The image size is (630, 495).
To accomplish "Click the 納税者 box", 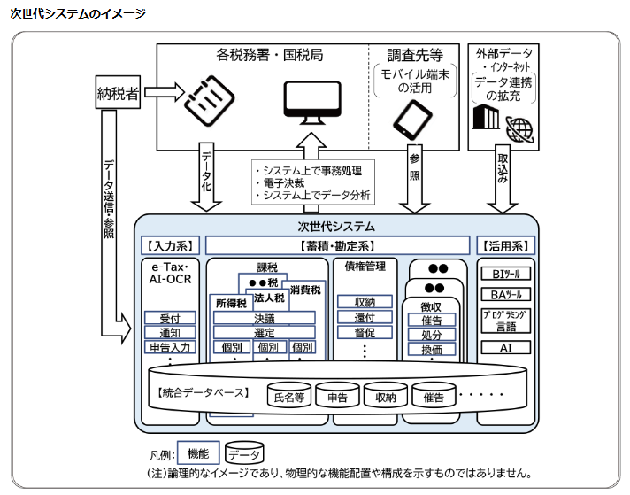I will (119, 92).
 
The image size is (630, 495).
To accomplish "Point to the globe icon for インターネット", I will (520, 129).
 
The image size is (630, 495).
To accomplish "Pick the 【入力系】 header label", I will (171, 245).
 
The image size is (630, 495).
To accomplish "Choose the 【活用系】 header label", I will (505, 245).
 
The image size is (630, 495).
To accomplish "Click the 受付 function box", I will (170, 318).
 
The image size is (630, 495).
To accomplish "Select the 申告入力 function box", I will (170, 347).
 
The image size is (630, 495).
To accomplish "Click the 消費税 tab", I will (305, 290).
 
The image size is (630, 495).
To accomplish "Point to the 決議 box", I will (264, 318).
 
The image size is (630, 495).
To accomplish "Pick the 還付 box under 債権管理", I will (365, 318).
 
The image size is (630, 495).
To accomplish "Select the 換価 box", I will (432, 350).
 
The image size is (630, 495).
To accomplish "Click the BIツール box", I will (505, 272).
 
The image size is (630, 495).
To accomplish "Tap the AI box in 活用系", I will (505, 348).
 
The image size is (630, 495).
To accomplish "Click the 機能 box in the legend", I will (198, 453).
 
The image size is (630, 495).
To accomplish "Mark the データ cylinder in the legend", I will (244, 455).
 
